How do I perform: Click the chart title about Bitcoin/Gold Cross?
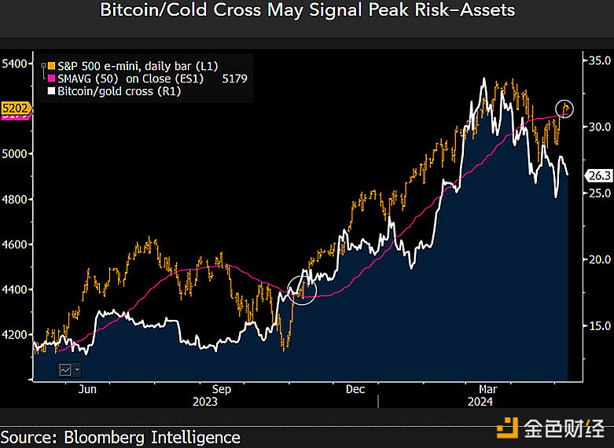(x=307, y=10)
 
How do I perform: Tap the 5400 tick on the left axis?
(x=14, y=64)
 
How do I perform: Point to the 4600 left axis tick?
(x=14, y=245)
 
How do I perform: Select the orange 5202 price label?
(x=16, y=108)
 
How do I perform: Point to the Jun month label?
(x=87, y=389)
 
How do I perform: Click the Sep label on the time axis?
(x=222, y=389)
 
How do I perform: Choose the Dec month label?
(x=355, y=389)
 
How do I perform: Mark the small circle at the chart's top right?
(x=564, y=108)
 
